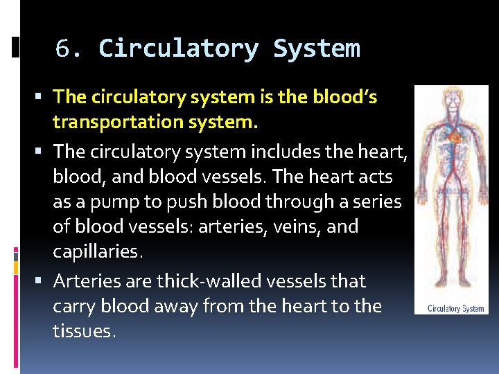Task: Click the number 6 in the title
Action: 64,49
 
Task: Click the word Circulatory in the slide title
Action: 178,49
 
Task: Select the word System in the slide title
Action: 317,49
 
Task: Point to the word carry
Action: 73,307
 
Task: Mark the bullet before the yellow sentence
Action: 44,98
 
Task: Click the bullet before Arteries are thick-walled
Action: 44,282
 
